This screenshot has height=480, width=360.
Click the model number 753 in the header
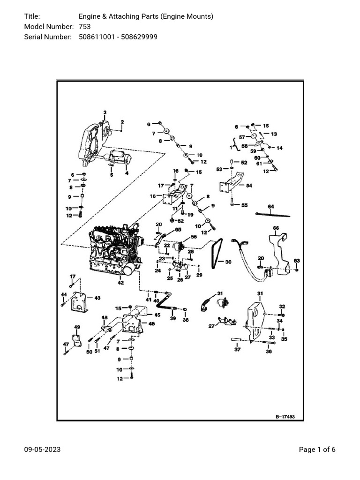click(85, 27)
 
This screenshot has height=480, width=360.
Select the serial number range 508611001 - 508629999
click(118, 37)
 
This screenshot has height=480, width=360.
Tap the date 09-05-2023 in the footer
click(42, 450)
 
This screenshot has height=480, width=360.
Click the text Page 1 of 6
click(317, 450)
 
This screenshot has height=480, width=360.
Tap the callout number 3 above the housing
click(105, 112)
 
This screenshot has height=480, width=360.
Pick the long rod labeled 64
click(273, 214)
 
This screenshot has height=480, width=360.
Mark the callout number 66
click(276, 228)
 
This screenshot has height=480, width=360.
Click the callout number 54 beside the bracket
click(249, 186)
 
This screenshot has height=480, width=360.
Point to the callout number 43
click(97, 298)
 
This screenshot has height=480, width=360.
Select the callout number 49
click(77, 327)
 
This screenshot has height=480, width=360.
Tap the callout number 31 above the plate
click(260, 293)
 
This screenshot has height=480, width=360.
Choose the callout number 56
click(194, 237)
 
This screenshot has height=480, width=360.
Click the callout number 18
click(153, 196)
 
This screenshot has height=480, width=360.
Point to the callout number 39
click(172, 318)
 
